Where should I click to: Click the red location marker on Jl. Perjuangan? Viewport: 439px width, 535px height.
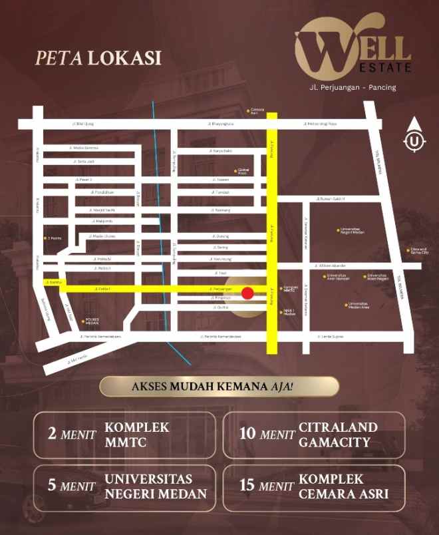[x=247, y=293]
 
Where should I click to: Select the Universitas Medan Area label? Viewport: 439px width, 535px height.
[x=357, y=305]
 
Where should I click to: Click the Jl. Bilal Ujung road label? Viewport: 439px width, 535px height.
[x=83, y=124]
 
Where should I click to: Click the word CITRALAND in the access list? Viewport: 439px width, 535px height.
[x=338, y=427]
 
